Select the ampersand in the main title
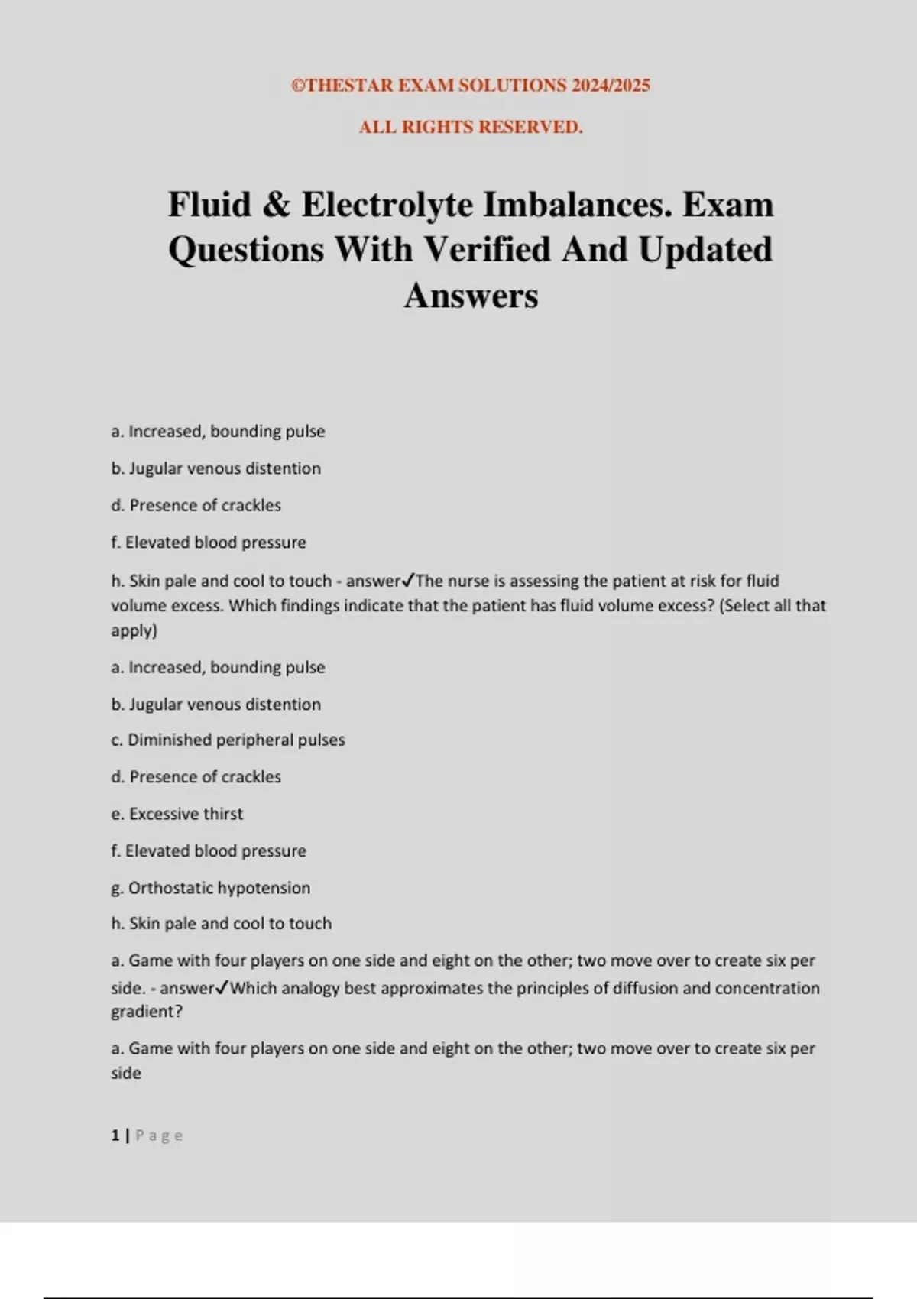276,205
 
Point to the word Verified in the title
487,250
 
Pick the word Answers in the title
471,296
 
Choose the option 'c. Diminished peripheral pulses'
228,740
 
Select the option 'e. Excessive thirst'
177,814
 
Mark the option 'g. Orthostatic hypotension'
211,888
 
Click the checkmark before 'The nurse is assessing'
409,581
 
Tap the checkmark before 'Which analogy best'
222,988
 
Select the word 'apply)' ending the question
134,630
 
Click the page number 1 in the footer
115,1135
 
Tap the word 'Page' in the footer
159,1135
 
